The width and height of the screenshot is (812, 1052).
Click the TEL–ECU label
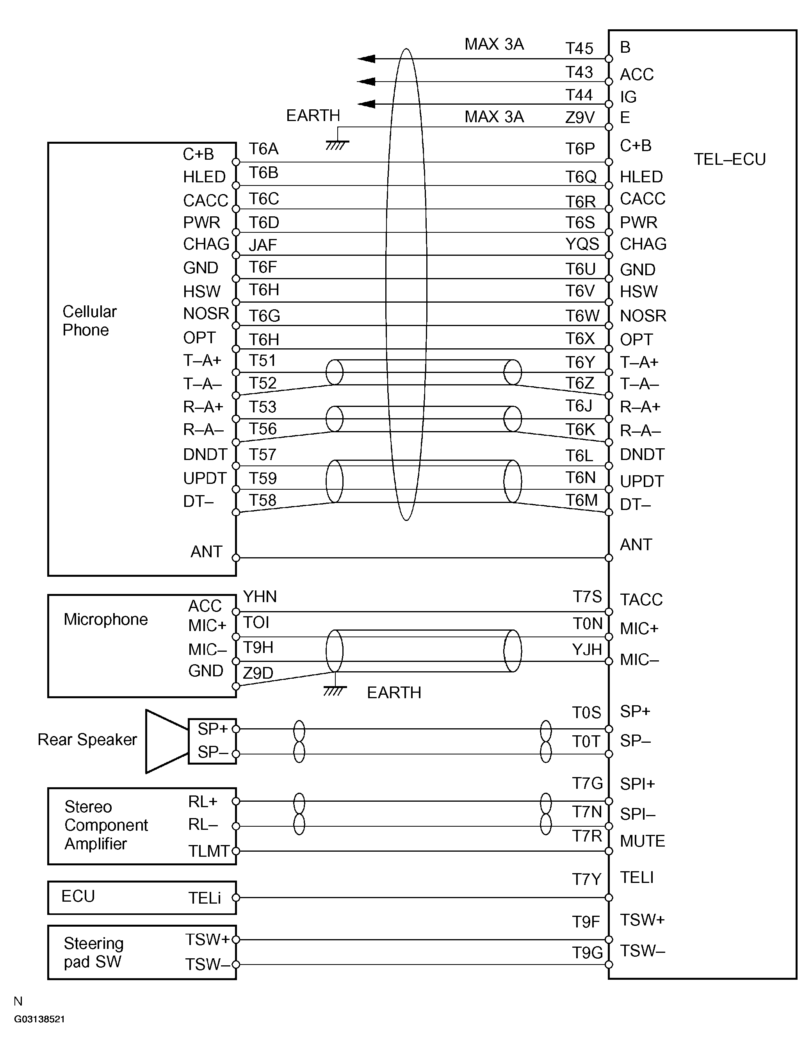point(729,159)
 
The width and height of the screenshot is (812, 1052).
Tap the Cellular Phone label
point(89,321)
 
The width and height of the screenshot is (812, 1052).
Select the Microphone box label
point(105,619)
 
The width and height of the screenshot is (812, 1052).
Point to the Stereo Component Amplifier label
point(106,825)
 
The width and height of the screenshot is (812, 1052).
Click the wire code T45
point(579,48)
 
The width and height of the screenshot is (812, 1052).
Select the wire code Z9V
point(580,117)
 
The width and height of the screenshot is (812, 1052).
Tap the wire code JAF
point(263,245)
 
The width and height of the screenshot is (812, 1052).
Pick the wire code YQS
point(582,244)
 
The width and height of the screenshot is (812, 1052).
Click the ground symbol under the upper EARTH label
point(337,144)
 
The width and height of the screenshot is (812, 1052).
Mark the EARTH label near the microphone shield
point(394,693)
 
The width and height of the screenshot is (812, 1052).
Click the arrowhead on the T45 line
point(367,59)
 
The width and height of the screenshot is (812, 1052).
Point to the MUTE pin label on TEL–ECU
point(643,841)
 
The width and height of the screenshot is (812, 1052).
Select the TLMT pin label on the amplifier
point(208,851)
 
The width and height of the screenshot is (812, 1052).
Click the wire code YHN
point(260,597)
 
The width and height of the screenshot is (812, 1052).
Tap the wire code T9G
point(587,952)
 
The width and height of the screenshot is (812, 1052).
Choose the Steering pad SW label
point(93,952)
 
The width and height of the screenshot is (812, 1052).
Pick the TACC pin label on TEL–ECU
point(641,600)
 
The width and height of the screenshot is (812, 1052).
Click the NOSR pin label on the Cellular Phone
point(206,314)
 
